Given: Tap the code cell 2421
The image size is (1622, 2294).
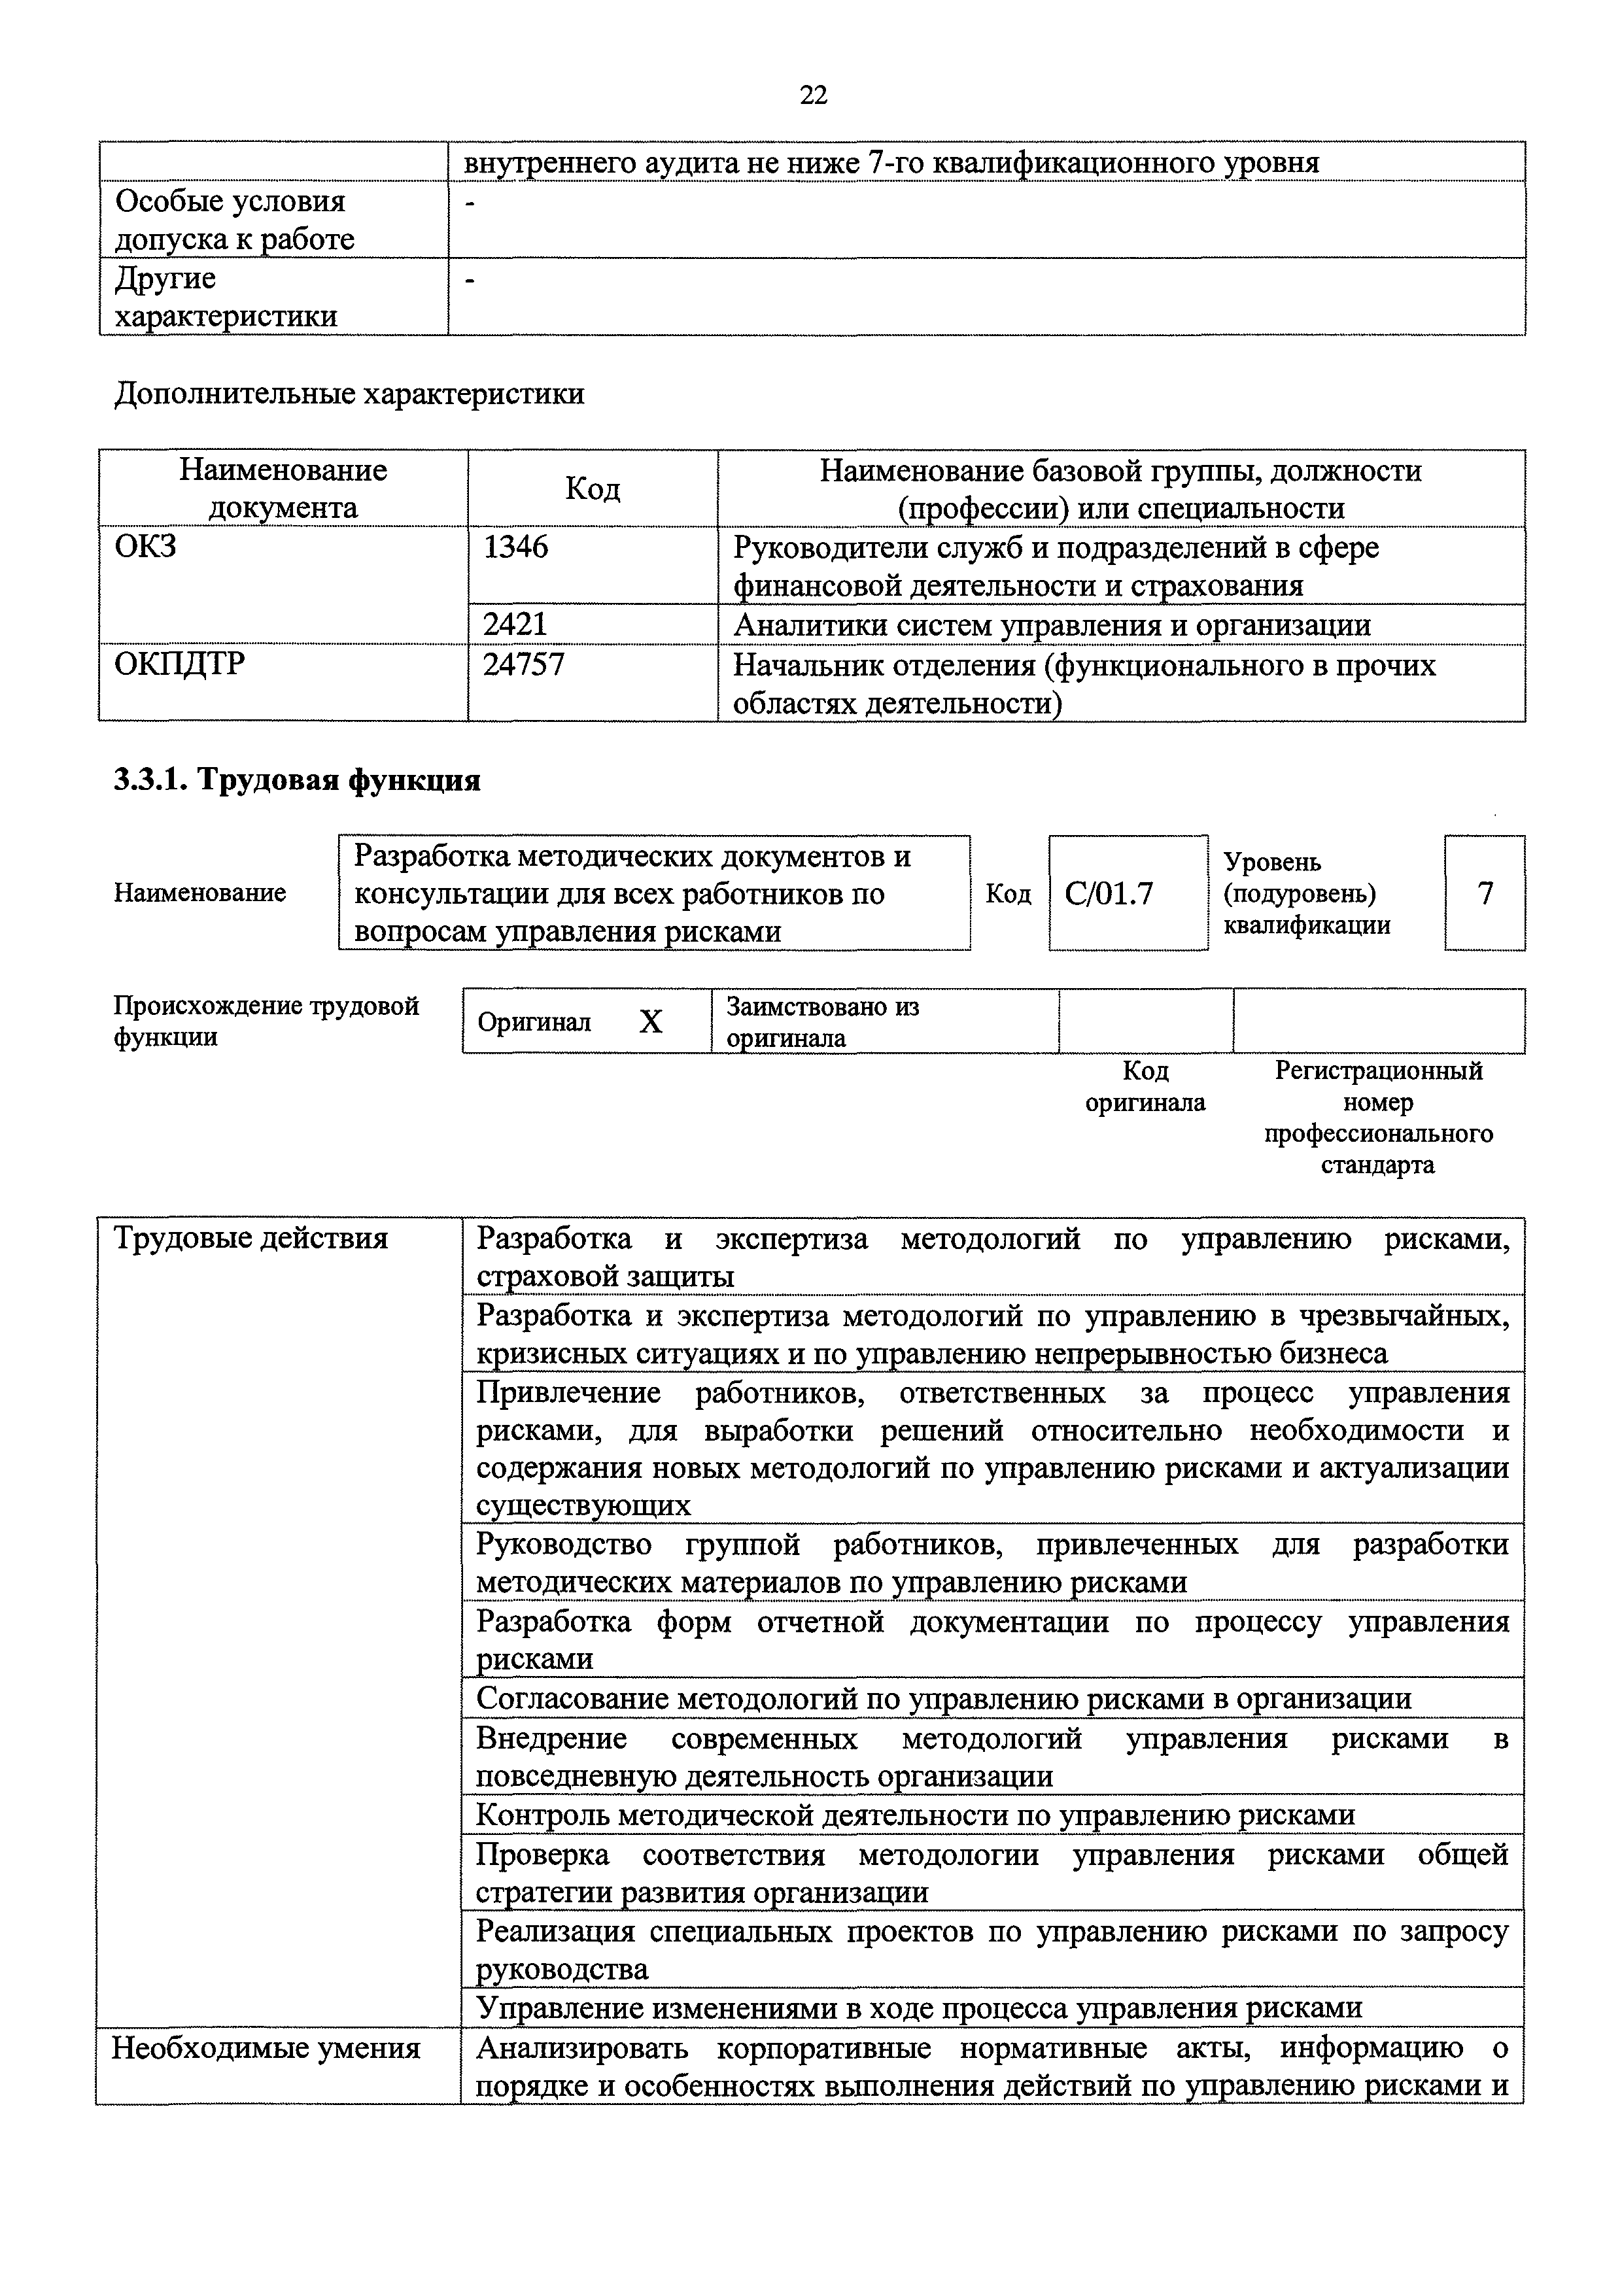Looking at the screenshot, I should [515, 625].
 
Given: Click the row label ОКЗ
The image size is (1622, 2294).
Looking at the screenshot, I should [146, 547].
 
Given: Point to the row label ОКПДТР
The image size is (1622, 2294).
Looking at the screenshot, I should [180, 664].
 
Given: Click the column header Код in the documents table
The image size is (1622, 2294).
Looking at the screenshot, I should [593, 488].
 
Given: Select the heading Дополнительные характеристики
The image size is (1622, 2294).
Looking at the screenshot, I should [350, 394].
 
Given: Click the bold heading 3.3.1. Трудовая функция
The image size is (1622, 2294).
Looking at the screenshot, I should [298, 780].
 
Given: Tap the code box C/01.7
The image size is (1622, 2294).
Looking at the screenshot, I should [1109, 892].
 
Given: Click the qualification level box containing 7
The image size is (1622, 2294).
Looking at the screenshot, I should [1485, 892].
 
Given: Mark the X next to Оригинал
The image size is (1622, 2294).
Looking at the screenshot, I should [651, 1021].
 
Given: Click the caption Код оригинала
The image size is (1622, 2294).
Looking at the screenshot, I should [1145, 1086].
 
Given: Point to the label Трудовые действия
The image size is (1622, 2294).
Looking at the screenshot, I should [250, 1239].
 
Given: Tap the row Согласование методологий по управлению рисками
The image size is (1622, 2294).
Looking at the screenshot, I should [943, 1698].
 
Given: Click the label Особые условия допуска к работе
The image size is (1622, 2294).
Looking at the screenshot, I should [235, 220].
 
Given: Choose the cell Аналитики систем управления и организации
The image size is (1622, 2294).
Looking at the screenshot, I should [1051, 625].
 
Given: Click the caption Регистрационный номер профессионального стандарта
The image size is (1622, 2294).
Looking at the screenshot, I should [1378, 1117].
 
